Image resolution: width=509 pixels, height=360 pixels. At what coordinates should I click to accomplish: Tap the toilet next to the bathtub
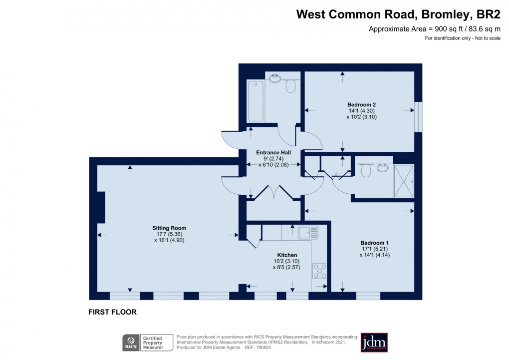[x=291, y=86]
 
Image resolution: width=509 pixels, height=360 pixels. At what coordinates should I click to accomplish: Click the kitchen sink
[x=304, y=232]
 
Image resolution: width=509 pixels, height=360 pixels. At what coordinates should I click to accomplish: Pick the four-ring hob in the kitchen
[x=320, y=271]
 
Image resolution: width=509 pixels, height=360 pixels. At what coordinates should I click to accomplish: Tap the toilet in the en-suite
[x=365, y=171]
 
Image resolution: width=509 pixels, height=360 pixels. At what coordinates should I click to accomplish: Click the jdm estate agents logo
[x=374, y=342]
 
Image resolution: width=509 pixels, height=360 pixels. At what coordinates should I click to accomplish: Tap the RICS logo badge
[x=131, y=342]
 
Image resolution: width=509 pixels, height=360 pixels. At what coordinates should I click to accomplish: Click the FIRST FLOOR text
[x=112, y=312]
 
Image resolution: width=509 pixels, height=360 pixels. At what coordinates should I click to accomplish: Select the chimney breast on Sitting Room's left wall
[x=101, y=207]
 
